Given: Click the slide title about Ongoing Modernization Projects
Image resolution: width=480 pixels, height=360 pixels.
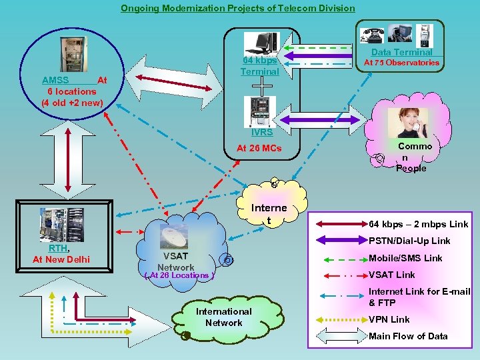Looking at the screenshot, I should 237,8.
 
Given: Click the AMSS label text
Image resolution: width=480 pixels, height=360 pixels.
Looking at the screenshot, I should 55,80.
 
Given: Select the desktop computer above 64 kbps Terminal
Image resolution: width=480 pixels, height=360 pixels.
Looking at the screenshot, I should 261,43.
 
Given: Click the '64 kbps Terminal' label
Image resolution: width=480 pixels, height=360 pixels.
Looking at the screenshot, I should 259,65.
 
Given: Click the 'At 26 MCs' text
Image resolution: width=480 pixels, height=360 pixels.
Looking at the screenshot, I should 259,148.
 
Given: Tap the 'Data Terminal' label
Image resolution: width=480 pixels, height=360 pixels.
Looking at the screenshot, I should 401,52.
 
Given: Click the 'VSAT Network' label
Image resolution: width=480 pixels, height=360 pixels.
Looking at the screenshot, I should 176,261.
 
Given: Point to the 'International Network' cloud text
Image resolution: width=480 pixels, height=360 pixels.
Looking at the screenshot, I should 223,317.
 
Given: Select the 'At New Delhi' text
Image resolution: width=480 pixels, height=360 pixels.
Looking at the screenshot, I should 61,259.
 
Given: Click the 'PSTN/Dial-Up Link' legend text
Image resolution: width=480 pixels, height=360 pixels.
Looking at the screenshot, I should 409,241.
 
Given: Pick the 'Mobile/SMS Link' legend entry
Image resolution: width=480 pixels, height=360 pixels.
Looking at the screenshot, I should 405,258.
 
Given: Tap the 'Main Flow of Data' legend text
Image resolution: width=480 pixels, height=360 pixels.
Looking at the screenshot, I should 408,336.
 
